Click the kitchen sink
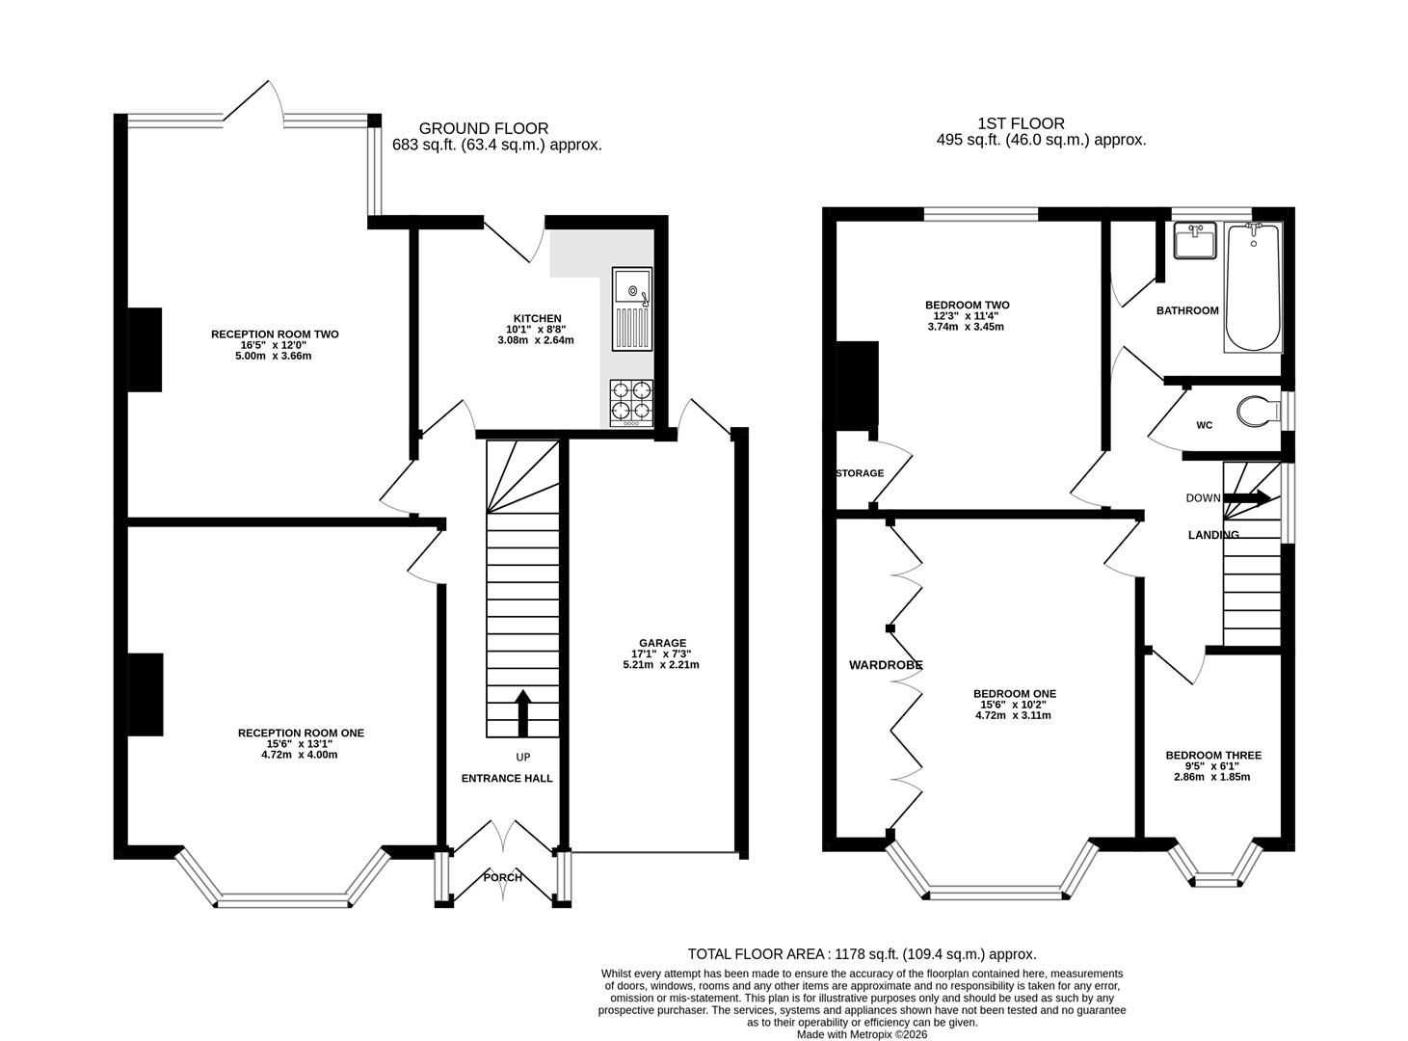[x=631, y=308]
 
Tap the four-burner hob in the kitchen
[x=631, y=403]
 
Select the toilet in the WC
[x=1259, y=411]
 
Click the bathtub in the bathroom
[x=1253, y=286]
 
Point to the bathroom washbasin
[x=1194, y=240]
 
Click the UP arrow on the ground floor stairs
[x=522, y=712]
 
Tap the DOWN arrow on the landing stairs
[x=1247, y=497]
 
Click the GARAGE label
[x=662, y=643]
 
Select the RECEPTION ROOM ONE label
[x=301, y=733]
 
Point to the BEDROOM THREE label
[x=1213, y=755]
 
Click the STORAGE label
[x=860, y=473]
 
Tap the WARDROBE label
[x=886, y=665]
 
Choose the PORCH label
[x=503, y=877]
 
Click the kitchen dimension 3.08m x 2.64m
[x=536, y=340]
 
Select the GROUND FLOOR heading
[x=484, y=128]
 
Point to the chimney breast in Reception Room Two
[x=145, y=349]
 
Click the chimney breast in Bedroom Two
[x=857, y=383]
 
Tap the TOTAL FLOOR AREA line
[x=863, y=972]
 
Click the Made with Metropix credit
[x=863, y=1034]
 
